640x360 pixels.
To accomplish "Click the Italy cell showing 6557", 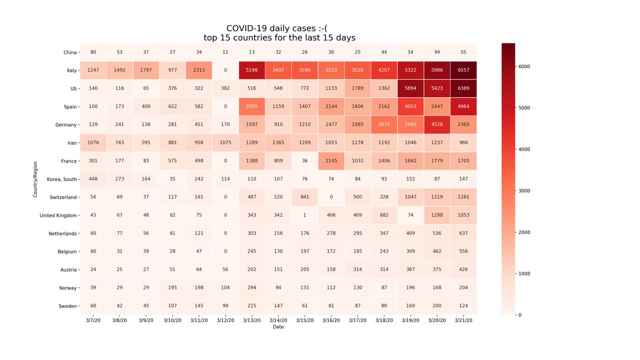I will (x=463, y=70).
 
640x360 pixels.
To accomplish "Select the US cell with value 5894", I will (x=410, y=89).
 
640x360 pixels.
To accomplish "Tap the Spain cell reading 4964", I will (x=463, y=107).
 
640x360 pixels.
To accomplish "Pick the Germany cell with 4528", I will (x=437, y=125).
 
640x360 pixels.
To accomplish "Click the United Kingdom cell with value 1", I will (x=305, y=215).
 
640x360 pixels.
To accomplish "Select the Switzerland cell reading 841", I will (x=305, y=197).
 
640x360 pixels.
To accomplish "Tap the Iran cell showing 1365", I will (x=278, y=143).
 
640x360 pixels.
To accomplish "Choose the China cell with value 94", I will (x=437, y=52).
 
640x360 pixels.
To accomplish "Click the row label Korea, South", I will (x=60, y=179).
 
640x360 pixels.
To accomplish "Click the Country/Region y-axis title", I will (x=35, y=179).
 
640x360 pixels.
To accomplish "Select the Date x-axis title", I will (x=278, y=327).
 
